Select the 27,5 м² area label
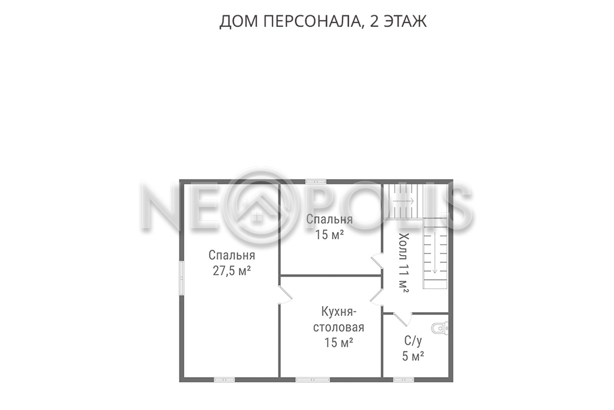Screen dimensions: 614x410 click(232, 271)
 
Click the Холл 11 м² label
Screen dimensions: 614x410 click(404, 263)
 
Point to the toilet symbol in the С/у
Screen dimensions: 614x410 click(440, 328)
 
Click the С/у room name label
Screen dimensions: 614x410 click(413, 341)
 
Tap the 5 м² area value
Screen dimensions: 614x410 click(413, 357)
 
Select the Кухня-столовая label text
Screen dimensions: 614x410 click(339, 320)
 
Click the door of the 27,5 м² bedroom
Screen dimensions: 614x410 click(286, 295)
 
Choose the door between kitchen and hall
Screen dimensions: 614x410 click(377, 297)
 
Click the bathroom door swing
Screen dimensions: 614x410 click(403, 319)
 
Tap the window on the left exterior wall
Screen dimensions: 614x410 click(182, 278)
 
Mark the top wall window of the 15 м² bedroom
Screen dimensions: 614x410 click(316, 181)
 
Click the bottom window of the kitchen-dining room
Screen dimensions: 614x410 click(313, 380)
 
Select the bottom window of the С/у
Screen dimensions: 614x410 click(404, 380)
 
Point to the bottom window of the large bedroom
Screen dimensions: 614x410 click(225, 380)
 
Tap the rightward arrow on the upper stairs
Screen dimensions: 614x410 click(404, 201)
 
